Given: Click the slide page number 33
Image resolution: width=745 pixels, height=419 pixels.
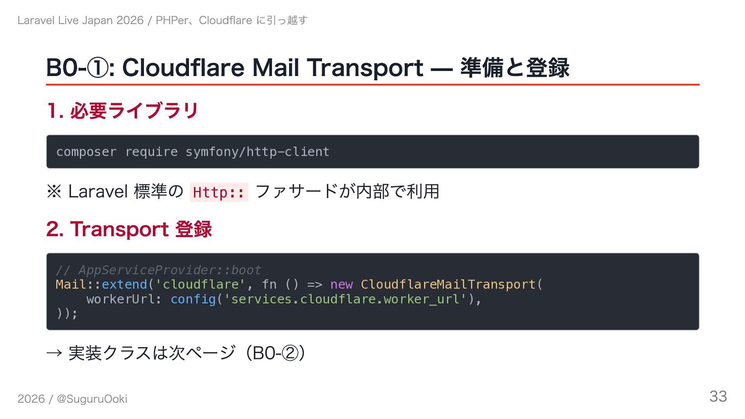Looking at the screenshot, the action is [718, 396].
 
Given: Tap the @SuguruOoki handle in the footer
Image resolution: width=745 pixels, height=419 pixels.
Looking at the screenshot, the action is [92, 399].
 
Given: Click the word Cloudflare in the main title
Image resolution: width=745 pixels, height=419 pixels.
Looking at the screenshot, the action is [184, 68].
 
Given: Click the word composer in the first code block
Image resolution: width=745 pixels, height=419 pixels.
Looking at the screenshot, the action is [86, 152].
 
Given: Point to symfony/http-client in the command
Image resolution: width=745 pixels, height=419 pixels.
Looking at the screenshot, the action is [257, 152].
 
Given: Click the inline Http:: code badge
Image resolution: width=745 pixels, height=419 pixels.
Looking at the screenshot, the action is [219, 192].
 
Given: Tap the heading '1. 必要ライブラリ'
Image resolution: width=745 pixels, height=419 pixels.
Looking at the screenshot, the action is [123, 111].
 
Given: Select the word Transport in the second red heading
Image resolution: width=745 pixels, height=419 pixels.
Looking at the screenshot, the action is [119, 229].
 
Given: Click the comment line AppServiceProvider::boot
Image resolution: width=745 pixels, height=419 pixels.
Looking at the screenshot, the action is [158, 270].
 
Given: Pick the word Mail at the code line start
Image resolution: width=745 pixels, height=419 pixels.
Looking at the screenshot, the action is [71, 284].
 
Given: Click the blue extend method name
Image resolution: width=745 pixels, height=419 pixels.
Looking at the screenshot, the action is [124, 284].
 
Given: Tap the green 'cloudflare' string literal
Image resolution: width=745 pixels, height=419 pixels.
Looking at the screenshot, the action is [200, 284].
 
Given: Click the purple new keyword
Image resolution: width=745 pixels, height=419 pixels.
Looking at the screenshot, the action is [341, 284].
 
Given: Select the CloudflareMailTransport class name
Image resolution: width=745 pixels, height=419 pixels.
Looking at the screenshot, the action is [448, 284].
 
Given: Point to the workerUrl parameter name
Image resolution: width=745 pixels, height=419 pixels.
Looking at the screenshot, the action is [121, 299].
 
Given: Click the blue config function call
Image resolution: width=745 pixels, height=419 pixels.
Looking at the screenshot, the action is [193, 299].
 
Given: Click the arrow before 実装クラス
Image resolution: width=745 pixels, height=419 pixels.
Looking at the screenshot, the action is [54, 353].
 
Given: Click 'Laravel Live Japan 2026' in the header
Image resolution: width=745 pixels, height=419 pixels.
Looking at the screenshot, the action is [80, 20].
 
